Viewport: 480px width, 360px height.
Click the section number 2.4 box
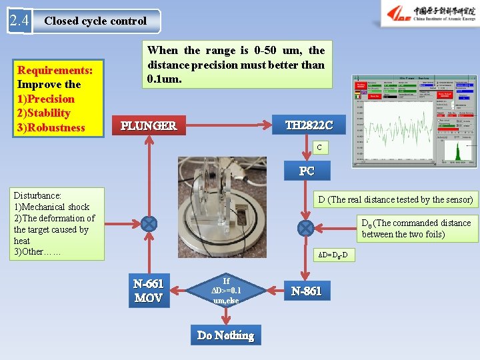tap(19, 21)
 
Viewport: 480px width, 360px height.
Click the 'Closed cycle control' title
tap(95, 21)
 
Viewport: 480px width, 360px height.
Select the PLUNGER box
tap(148, 125)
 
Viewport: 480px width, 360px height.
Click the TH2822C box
tap(309, 125)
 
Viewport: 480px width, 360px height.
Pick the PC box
tap(306, 171)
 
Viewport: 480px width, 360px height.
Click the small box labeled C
tap(319, 147)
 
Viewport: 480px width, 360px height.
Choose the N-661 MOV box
tap(148, 290)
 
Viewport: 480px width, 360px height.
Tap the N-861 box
tap(306, 291)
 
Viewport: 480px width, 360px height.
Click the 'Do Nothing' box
tap(225, 335)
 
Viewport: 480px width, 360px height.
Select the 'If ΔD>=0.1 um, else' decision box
tap(226, 291)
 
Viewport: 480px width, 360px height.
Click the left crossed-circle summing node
tap(149, 225)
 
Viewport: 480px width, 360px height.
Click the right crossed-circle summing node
tap(306, 228)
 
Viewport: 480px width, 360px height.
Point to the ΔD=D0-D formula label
tap(332, 255)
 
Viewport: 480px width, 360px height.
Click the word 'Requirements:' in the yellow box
tap(55, 70)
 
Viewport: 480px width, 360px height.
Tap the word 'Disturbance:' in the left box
tap(38, 195)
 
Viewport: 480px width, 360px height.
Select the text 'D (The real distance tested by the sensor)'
tap(395, 199)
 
